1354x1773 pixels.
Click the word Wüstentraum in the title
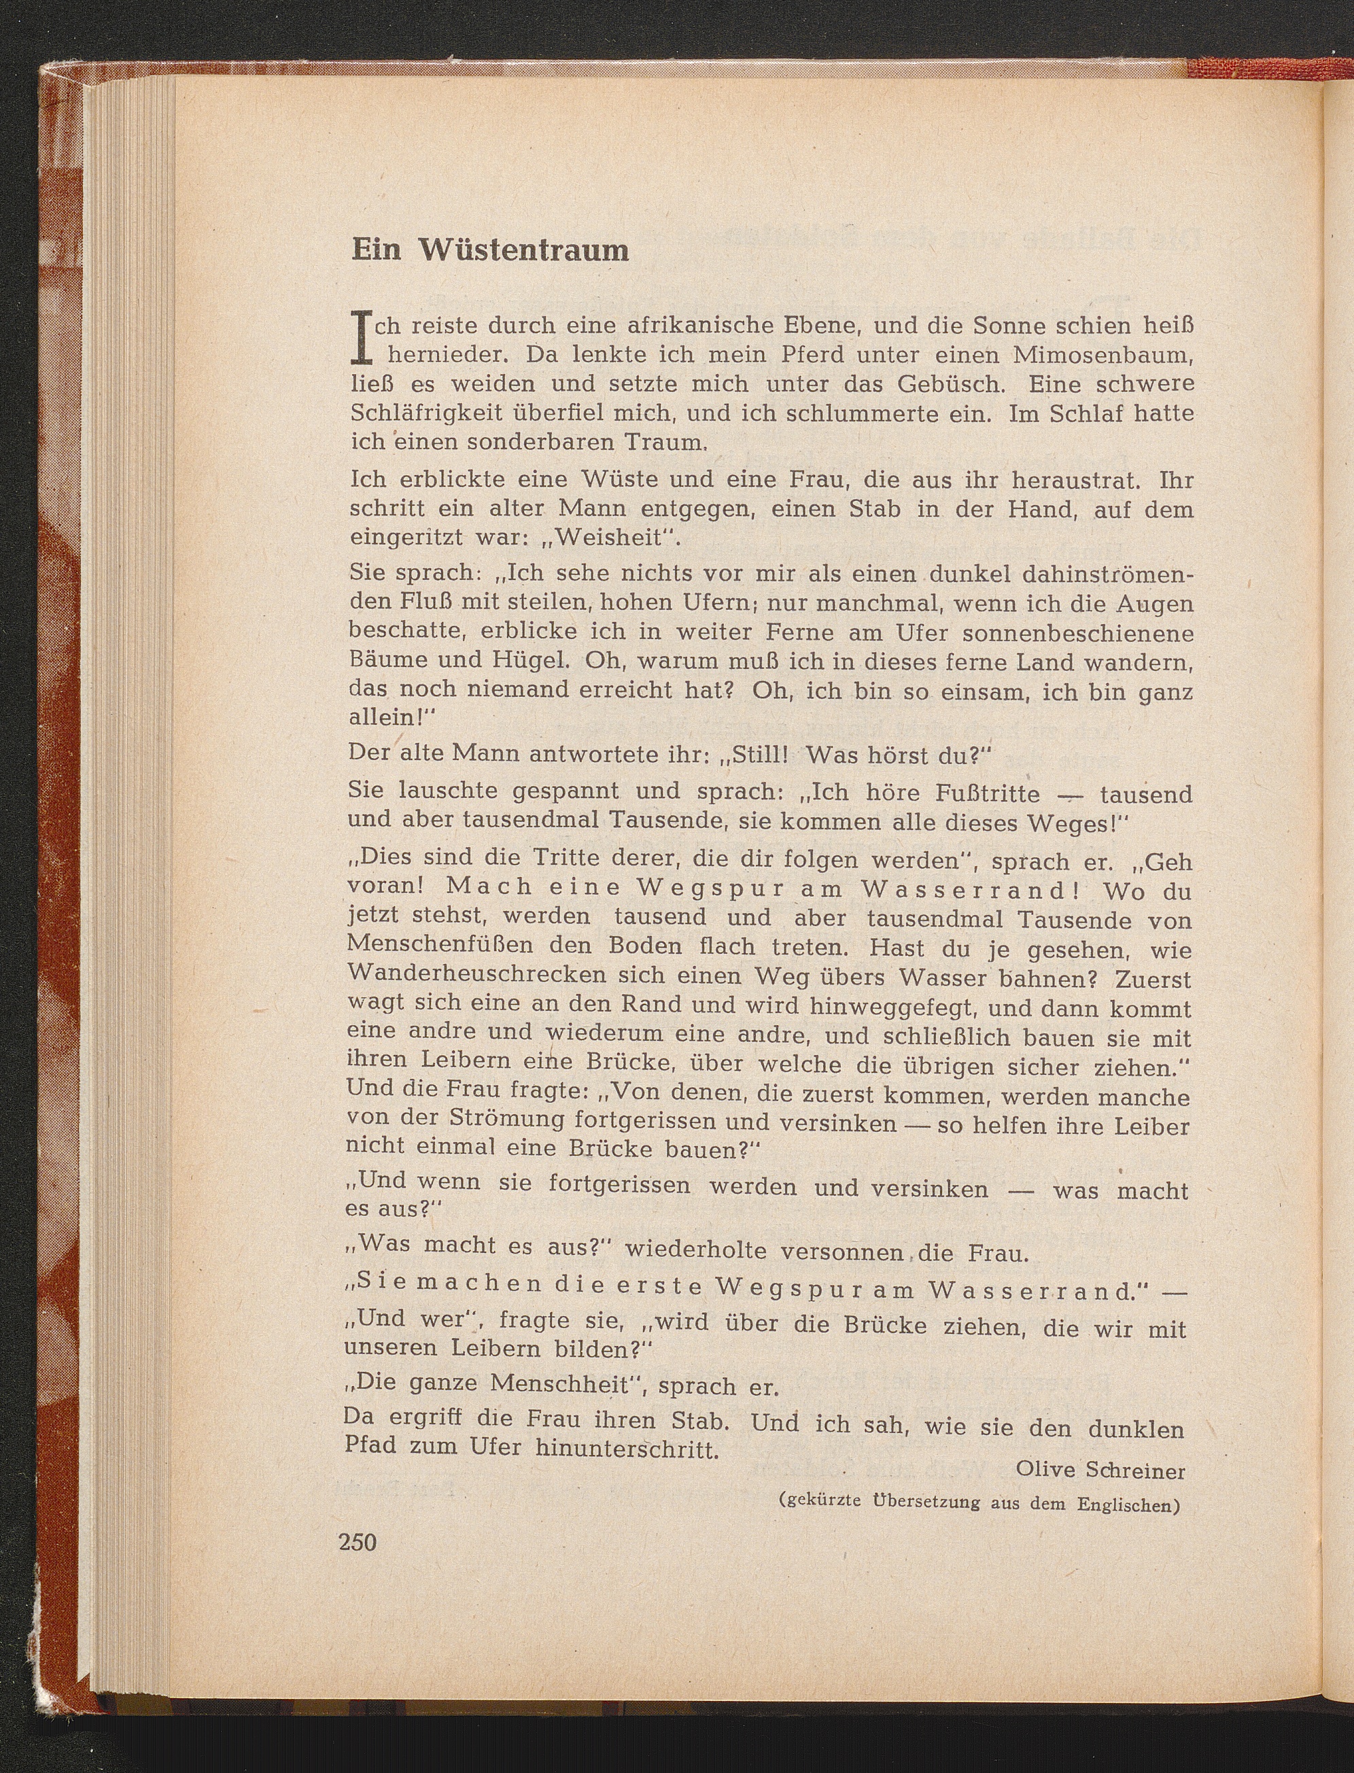tap(523, 251)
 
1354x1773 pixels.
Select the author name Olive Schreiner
tap(1100, 1470)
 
